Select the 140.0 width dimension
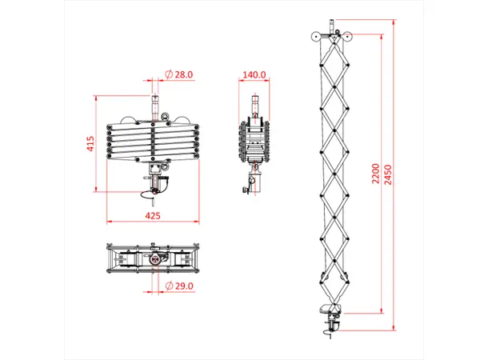tap(254, 74)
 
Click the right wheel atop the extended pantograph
tap(346, 36)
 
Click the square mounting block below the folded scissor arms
tap(155, 164)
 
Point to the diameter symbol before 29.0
tap(169, 286)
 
